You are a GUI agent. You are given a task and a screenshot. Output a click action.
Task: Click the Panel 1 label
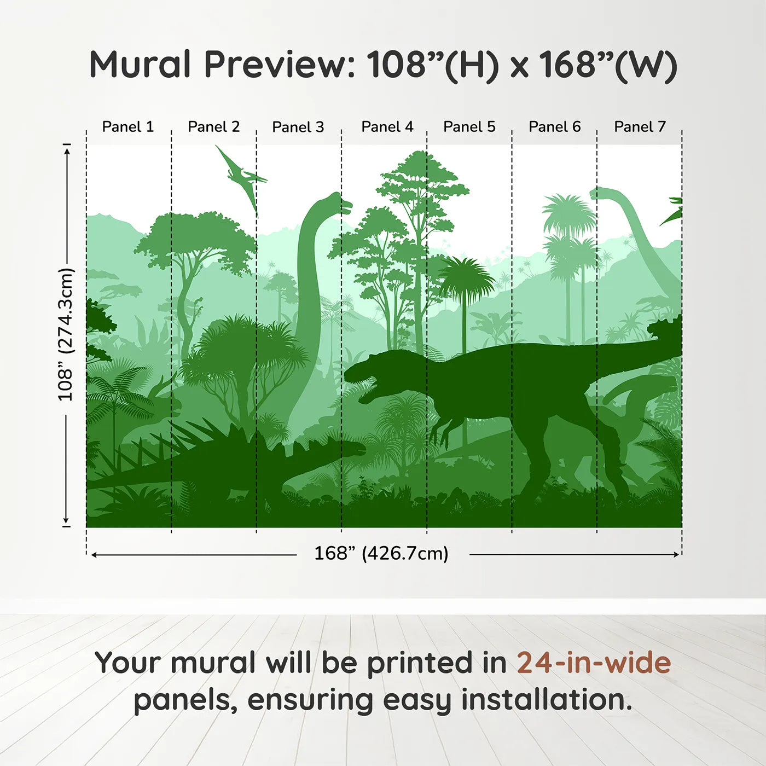[127, 127]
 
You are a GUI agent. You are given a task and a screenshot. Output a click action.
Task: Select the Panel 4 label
[387, 127]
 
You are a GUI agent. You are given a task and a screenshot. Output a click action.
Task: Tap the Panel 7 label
[640, 127]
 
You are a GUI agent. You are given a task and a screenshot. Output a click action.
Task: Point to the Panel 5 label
[469, 127]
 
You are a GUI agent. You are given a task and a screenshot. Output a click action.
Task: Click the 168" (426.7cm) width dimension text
[381, 553]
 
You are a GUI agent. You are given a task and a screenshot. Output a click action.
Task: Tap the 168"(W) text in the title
[608, 66]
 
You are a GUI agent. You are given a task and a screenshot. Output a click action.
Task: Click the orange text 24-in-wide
[594, 664]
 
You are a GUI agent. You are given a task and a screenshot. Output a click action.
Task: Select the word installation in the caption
[547, 700]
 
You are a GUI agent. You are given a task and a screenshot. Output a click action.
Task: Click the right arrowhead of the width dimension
[676, 554]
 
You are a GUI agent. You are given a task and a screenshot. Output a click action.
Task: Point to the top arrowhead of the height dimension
[67, 152]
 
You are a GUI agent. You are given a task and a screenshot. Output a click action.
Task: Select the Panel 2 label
[213, 127]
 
